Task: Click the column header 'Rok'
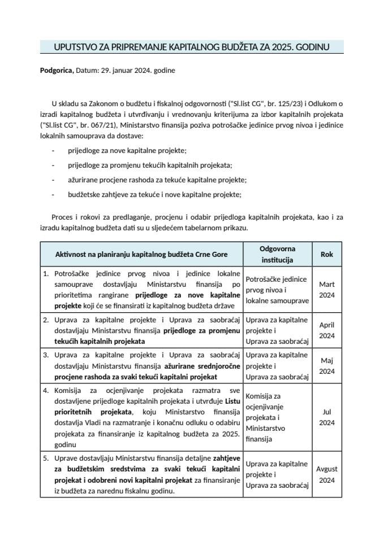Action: (x=327, y=255)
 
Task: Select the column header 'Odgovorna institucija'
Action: (x=277, y=255)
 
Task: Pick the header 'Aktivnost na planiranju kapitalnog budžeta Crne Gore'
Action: (x=142, y=255)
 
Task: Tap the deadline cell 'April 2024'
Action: (x=327, y=330)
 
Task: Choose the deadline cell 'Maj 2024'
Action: (x=327, y=365)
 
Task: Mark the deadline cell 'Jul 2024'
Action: (x=327, y=417)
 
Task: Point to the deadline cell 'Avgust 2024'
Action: (x=327, y=474)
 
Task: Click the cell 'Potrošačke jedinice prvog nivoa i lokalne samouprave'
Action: (x=277, y=290)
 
